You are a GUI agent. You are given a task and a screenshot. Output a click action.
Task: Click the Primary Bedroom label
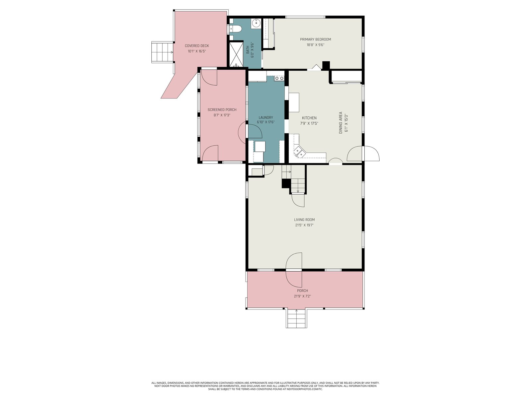(315, 39)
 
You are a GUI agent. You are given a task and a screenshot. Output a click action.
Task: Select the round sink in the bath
(256, 23)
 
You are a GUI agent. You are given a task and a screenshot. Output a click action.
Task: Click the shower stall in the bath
(236, 54)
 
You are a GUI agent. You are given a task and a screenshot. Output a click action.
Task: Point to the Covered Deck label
(197, 46)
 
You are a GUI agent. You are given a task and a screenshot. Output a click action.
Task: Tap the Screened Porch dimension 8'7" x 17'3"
(222, 115)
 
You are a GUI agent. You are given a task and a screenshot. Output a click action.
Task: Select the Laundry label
(265, 117)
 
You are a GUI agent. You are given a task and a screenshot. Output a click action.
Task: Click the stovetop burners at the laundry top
(279, 78)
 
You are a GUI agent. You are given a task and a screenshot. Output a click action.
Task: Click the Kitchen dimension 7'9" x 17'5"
(309, 123)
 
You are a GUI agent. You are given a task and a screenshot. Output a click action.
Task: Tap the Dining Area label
(341, 122)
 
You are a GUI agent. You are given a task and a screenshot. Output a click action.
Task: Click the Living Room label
(304, 220)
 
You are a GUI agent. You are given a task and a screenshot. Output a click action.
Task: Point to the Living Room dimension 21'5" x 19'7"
(304, 225)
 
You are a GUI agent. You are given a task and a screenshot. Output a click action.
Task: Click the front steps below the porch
(296, 318)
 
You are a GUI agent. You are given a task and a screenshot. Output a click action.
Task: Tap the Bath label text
(248, 50)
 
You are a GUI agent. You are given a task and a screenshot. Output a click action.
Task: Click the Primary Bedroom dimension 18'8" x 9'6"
(315, 45)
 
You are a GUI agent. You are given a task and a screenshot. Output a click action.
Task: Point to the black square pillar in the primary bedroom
(326, 65)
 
